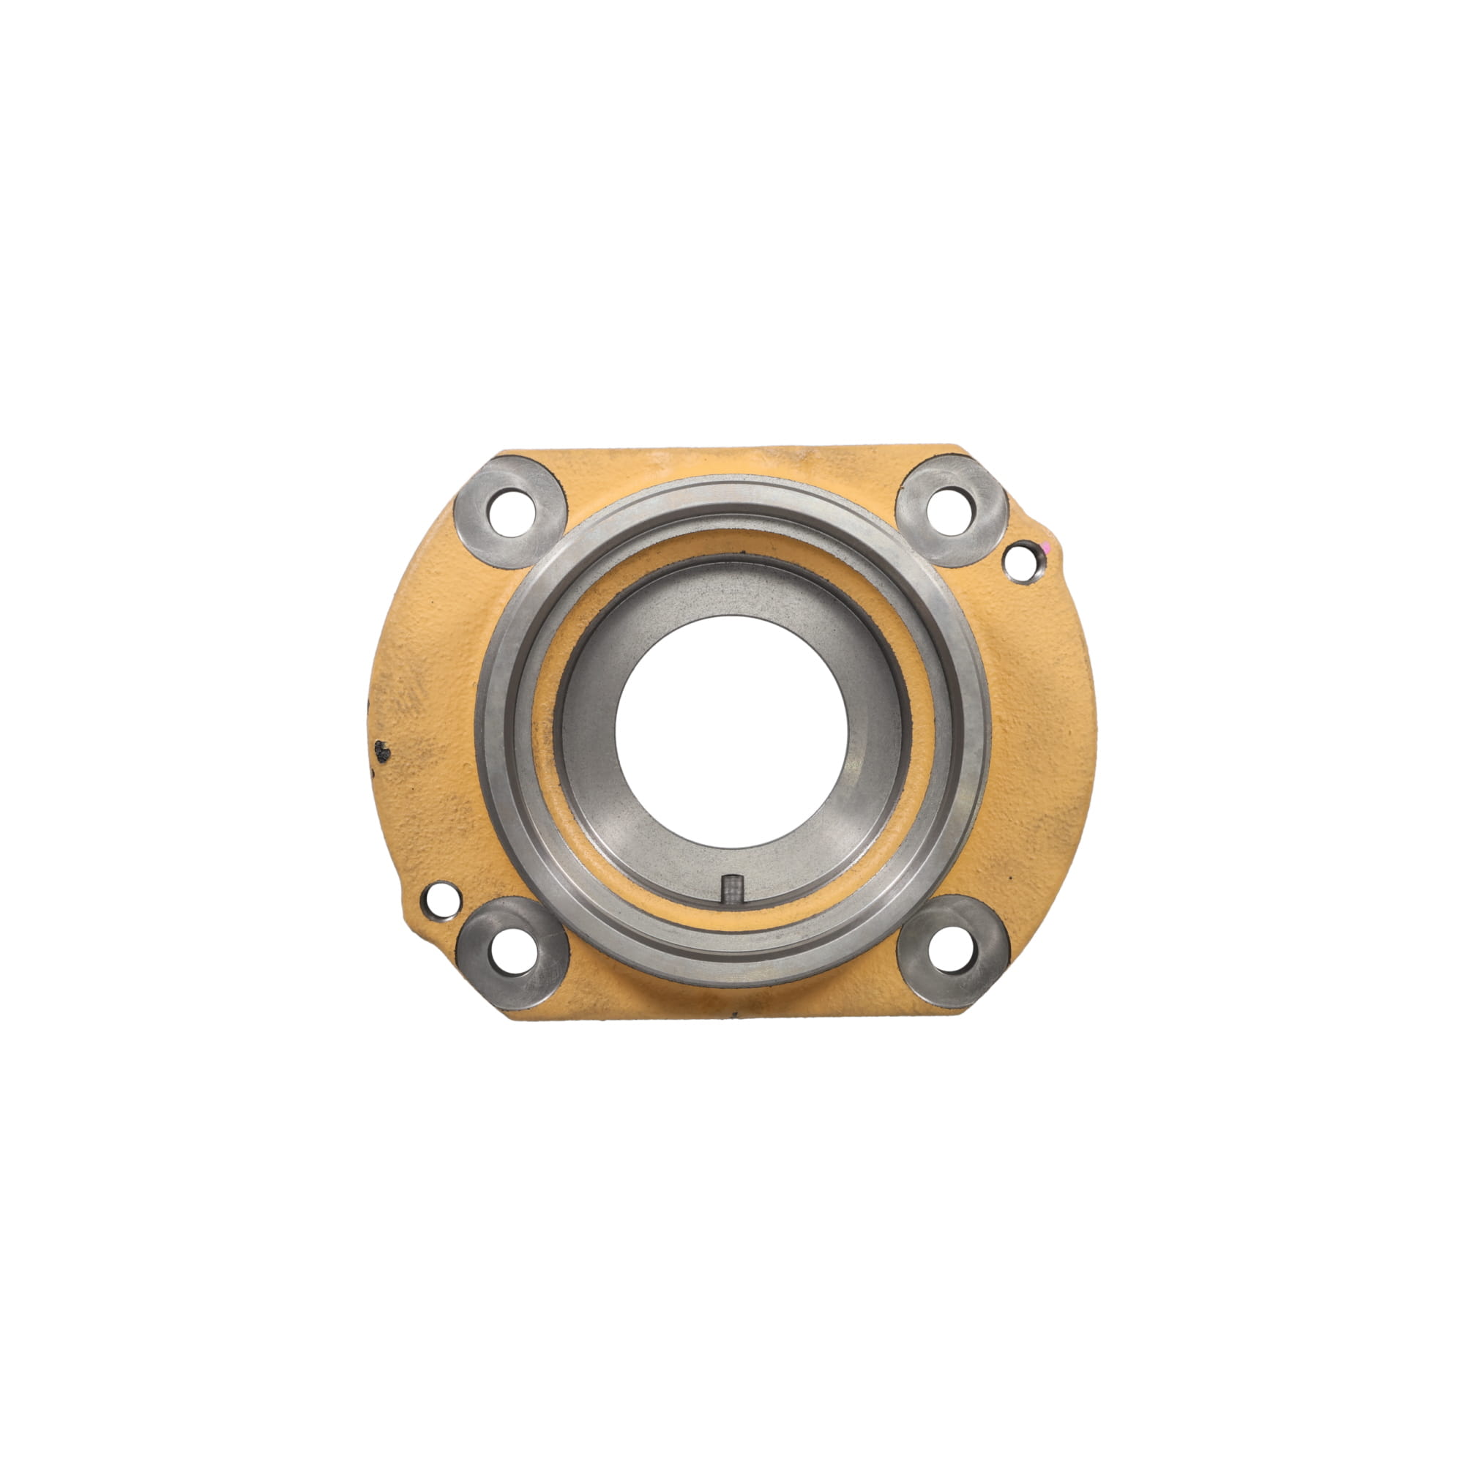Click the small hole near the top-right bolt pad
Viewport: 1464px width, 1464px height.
coord(1020,561)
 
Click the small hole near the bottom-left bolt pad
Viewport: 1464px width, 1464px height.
coord(440,900)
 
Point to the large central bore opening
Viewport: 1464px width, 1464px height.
coord(731,731)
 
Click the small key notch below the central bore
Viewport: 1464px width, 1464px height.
coord(731,888)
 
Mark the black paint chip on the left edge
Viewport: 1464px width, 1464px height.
coord(384,750)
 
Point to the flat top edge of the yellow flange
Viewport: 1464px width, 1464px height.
coord(731,450)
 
